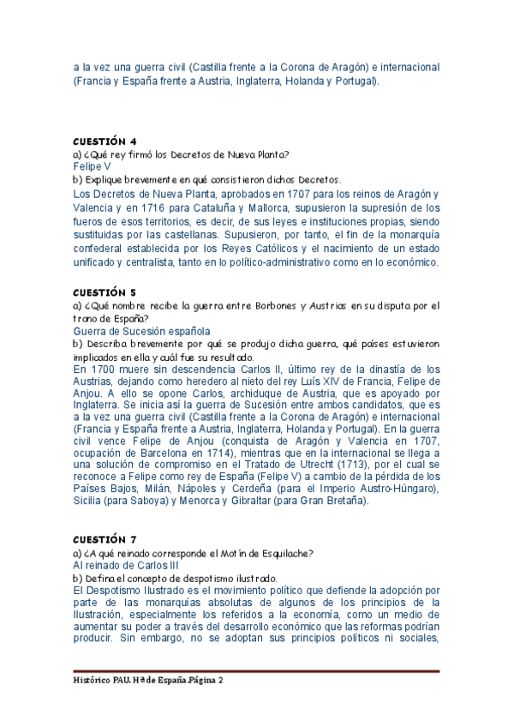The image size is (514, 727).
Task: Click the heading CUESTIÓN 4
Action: [105, 141]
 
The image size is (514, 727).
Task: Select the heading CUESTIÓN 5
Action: [105, 291]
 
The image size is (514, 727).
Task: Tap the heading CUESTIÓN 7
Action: [105, 539]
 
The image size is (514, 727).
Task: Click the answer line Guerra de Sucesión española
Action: [141, 331]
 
